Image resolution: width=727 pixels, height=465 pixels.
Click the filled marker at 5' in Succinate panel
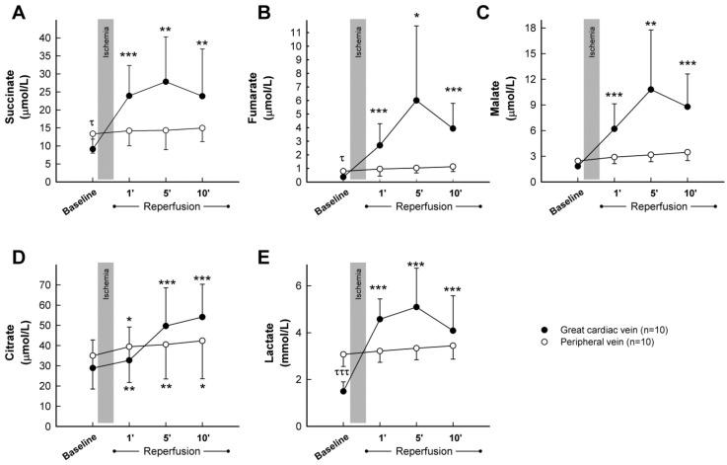[x=166, y=81]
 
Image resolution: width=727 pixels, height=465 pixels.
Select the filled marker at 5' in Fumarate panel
[x=416, y=101]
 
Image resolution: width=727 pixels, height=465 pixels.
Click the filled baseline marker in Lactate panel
[x=343, y=391]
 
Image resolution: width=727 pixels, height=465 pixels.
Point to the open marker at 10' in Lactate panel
[x=452, y=346]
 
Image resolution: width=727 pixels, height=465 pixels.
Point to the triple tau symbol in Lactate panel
[x=343, y=375]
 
